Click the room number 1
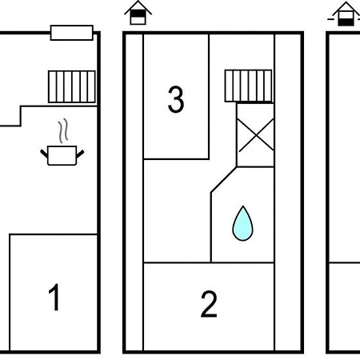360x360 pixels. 54,297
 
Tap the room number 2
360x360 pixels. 209,304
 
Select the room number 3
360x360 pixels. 176,99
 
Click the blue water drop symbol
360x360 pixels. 242,223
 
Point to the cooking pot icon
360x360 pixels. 62,155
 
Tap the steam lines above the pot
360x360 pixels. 63,130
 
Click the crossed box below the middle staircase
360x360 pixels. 255,135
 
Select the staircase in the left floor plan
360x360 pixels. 72,86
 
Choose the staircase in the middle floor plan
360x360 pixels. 249,86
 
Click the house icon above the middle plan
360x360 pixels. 138,13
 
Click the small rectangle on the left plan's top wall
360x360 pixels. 72,33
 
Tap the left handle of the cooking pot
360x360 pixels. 44,154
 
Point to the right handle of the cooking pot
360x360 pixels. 80,154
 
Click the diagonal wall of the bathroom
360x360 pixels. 223,179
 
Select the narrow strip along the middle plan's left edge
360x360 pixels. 134,192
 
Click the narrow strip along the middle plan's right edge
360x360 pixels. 288,192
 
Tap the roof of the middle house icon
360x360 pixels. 138,7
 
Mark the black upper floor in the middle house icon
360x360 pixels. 138,14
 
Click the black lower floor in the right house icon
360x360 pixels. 346,22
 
